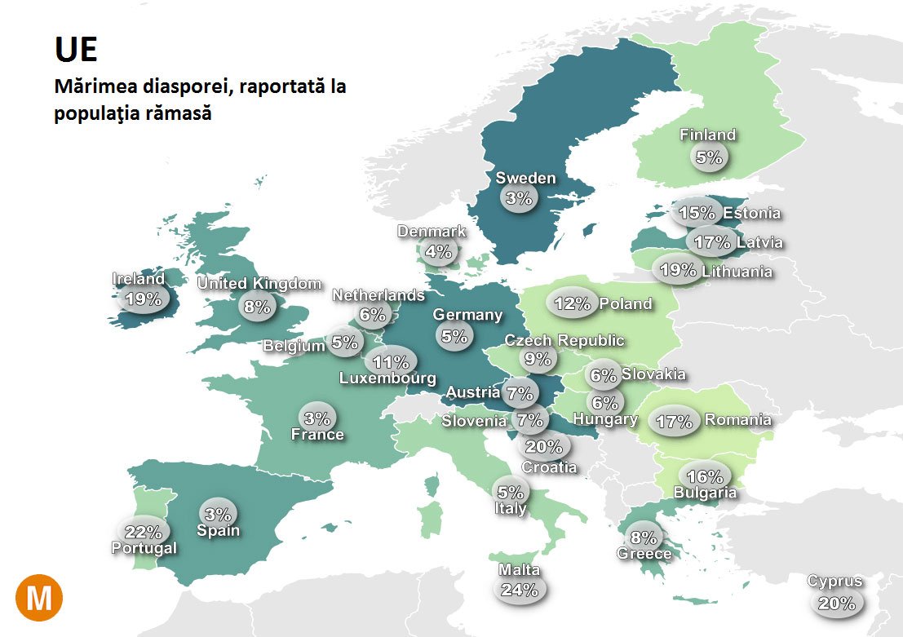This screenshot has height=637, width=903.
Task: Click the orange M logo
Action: pos(38,599)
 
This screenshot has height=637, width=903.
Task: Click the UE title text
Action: pos(76,51)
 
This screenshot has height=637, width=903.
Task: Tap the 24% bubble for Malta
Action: pos(520,590)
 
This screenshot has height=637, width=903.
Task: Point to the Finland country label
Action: pos(708,135)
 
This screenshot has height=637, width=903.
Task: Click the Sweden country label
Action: pos(525,178)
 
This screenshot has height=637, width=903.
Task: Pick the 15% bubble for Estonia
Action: pos(697,214)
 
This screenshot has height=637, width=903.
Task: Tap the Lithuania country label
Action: pos(737,271)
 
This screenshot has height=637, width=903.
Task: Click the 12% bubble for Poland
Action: pos(572,304)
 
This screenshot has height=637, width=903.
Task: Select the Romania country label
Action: pos(737,420)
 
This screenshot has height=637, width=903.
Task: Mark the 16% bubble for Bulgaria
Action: pos(705,476)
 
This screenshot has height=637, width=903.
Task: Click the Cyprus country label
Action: pos(834,582)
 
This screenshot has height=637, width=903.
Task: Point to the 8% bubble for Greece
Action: pos(644,537)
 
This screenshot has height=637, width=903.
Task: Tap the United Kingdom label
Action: pos(259,284)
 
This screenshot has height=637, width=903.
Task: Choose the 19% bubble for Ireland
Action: pos(143,299)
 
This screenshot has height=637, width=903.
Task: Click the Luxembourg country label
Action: pos(387,378)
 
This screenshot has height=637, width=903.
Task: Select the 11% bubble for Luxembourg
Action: pos(391,361)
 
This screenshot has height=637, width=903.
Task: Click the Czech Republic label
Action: pos(564,340)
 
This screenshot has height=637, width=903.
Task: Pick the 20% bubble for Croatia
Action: pos(544,446)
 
